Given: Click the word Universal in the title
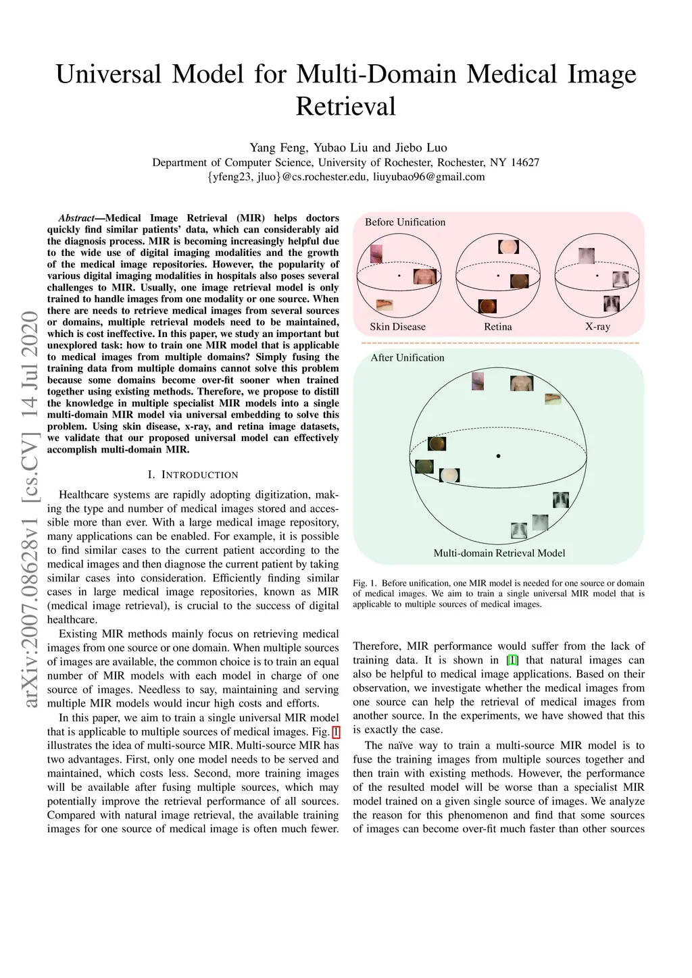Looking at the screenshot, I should click(108, 74).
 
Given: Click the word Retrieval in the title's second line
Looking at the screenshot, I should click(345, 107).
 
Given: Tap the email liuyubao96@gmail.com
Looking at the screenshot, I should click(429, 177).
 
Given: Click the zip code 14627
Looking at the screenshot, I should click(525, 162).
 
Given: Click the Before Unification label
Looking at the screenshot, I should click(405, 222).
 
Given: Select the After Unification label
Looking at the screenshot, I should click(407, 358).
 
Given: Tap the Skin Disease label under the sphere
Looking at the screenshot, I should click(397, 327).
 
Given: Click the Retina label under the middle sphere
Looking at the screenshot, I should click(498, 327).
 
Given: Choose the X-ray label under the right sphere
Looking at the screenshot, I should click(597, 327).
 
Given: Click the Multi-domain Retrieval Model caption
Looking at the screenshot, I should click(499, 553).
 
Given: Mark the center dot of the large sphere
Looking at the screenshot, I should click(498, 457).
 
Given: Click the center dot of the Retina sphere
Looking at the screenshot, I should click(498, 276).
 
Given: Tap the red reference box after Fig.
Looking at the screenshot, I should click(336, 732).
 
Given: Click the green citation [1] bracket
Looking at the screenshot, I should click(512, 661).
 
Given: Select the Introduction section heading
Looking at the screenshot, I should click(193, 475).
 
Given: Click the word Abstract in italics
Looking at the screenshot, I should click(76, 218).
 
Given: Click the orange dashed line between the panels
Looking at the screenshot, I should click(499, 343).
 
